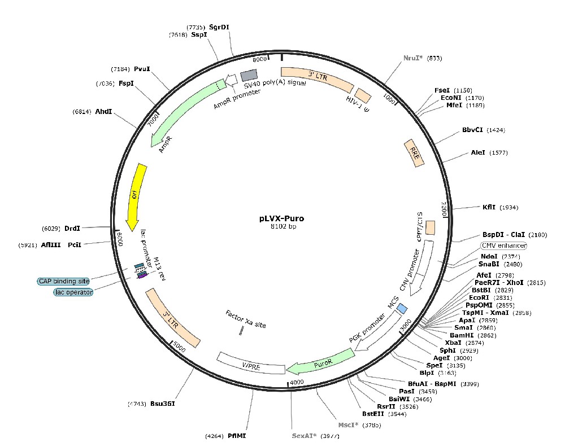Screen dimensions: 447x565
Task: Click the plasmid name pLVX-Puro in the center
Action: [282, 217]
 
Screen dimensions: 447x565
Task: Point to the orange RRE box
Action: [414, 152]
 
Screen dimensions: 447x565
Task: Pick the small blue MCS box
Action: [402, 308]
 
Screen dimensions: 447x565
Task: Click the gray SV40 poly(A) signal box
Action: [249, 76]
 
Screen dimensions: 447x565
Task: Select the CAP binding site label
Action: [64, 281]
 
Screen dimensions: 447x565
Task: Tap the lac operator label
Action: [73, 292]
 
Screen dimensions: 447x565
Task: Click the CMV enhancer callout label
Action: [503, 246]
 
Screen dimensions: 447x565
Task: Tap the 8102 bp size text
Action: [282, 226]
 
